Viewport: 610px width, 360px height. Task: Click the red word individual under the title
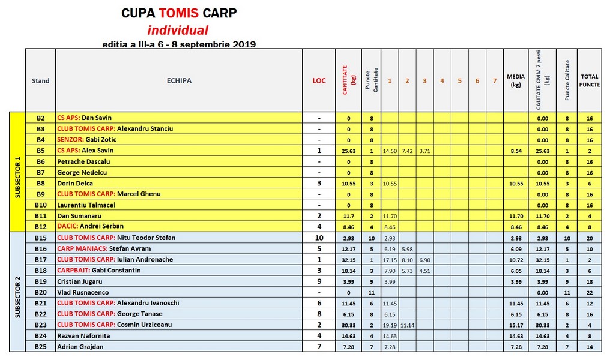click(x=178, y=31)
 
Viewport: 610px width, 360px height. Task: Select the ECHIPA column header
click(x=178, y=81)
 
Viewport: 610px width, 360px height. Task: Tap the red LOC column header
click(x=319, y=81)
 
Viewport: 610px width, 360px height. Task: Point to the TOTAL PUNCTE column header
click(x=590, y=81)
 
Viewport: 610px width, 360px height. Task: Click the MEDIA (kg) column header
click(x=515, y=81)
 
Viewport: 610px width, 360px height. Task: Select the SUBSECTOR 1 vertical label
click(x=17, y=172)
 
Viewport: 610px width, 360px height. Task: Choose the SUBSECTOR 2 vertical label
click(x=17, y=292)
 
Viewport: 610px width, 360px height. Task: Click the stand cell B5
click(x=41, y=151)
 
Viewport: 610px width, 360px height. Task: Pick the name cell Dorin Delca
click(x=75, y=183)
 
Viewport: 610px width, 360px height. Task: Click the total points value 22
click(x=590, y=292)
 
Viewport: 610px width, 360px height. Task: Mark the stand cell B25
click(x=41, y=347)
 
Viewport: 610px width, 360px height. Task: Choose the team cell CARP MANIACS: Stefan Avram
click(x=103, y=248)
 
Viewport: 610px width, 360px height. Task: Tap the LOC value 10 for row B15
click(x=319, y=238)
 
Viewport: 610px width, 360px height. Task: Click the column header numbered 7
click(x=494, y=81)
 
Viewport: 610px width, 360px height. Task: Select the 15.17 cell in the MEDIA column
click(x=515, y=325)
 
